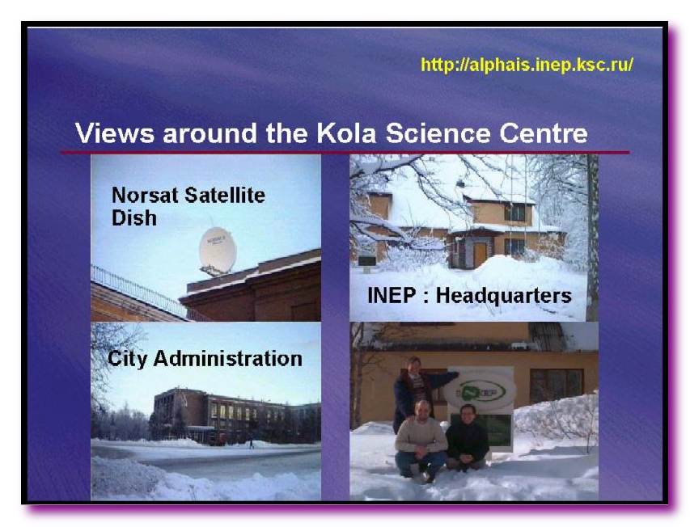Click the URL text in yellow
tap(527, 65)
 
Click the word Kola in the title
tap(346, 133)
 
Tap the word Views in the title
tap(114, 133)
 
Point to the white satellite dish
tap(218, 251)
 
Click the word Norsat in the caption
tap(145, 195)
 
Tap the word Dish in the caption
tap(133, 218)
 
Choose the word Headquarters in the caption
tap(503, 296)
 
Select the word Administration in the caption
tap(227, 358)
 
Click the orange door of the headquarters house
tap(479, 255)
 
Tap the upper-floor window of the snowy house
tap(514, 213)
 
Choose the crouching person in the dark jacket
tap(467, 438)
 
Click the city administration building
tap(236, 416)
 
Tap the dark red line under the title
tap(345, 153)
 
